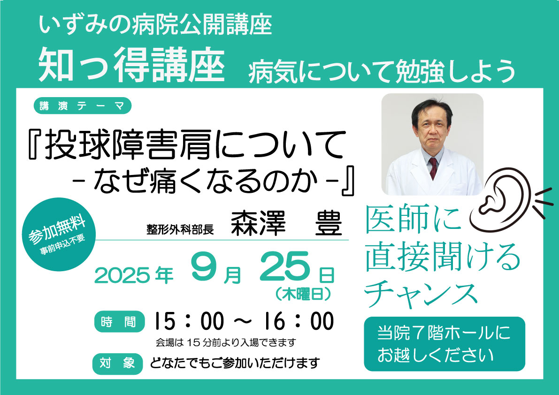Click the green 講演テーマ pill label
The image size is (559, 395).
pos(82,106)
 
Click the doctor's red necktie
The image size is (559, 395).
pos(433,168)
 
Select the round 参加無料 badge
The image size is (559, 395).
pos(59,234)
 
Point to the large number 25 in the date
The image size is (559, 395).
pos(284,266)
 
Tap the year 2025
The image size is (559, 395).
pos(122,276)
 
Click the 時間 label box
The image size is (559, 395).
pos(119,322)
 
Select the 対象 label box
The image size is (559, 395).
pos(117,364)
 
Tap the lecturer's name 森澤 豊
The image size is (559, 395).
pos(286,223)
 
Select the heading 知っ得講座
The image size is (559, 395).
pos(131,65)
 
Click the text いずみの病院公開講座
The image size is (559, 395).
pos(155,24)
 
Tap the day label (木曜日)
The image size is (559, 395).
pos(303,294)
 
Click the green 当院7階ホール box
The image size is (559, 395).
pos(444,344)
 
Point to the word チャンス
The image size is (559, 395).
pos(421,295)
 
